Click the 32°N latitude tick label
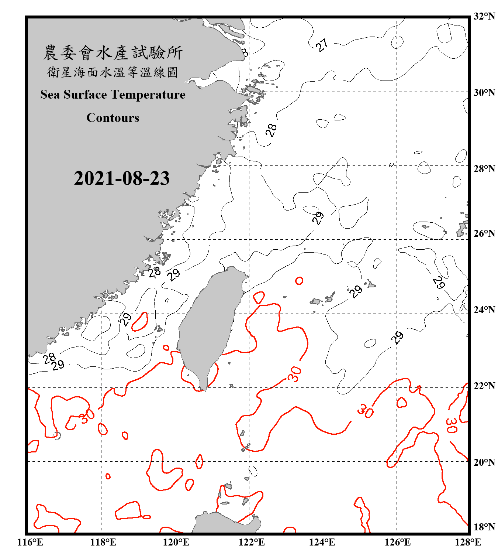coord(484,17)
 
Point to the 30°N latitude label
coord(484,93)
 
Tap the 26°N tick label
coord(484,233)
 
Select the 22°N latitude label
coord(484,386)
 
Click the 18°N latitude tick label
coord(484,527)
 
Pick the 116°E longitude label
coord(30,542)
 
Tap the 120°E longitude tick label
coord(176,542)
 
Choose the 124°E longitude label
coord(322,542)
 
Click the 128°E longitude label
coord(468,542)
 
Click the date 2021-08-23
coord(122,178)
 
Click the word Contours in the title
coord(113,118)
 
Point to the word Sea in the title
coord(50,95)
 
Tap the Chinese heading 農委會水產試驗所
coord(113,53)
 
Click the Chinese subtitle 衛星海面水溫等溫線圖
coord(113,72)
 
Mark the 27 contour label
coord(322,45)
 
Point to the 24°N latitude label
coord(484,310)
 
